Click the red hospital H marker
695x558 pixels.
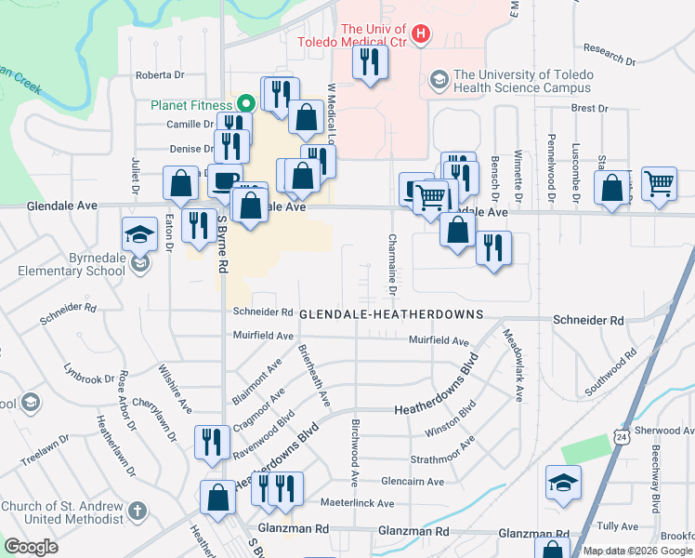pos(421,35)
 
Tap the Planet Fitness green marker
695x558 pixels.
pos(246,104)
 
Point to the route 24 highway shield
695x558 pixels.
pos(621,434)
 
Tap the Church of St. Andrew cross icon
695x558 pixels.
pos(138,511)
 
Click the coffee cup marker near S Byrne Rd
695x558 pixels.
pos(224,180)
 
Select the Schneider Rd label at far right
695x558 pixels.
pos(587,320)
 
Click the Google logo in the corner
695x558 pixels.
pos(31,547)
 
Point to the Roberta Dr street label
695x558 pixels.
pos(160,75)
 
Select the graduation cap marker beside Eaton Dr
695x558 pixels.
pos(139,233)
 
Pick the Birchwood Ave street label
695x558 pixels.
pos(355,452)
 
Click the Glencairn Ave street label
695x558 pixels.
pos(414,481)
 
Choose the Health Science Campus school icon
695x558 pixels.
pos(438,81)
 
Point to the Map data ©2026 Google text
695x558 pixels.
pos(638,551)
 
